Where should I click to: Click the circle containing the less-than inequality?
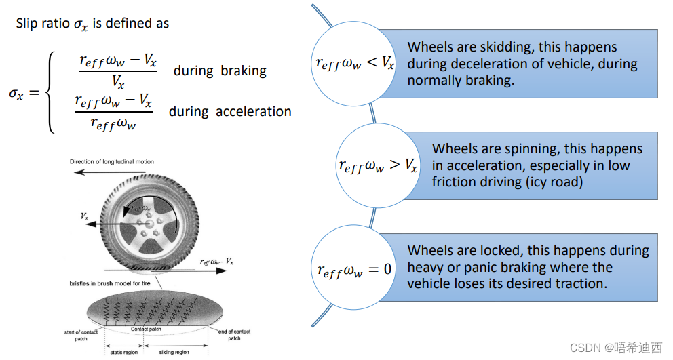(x=354, y=64)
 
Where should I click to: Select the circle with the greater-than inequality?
(x=378, y=164)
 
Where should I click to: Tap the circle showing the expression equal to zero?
(x=354, y=268)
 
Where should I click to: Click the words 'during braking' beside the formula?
(x=220, y=71)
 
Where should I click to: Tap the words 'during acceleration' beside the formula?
(x=230, y=111)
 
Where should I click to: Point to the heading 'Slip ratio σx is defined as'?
(x=93, y=24)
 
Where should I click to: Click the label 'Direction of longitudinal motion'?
(x=111, y=162)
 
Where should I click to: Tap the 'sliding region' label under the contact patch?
(x=174, y=353)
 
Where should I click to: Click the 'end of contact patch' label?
(x=234, y=334)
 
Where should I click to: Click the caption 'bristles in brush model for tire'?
(x=111, y=283)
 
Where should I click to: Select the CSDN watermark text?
(x=615, y=348)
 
